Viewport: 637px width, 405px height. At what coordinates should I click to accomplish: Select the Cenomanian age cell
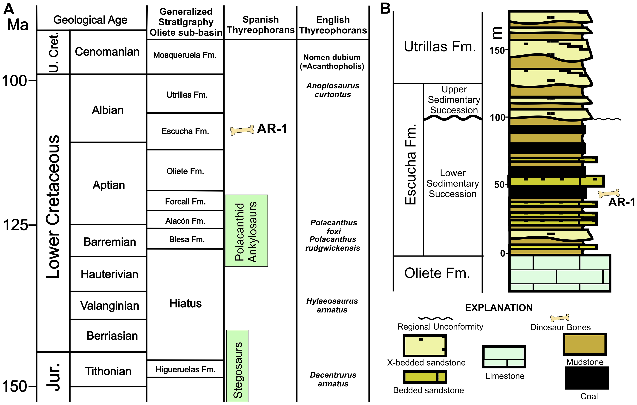click(107, 52)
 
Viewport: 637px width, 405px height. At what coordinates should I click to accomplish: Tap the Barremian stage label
click(110, 242)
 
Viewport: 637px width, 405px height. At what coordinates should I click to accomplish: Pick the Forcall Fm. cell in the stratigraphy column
click(185, 201)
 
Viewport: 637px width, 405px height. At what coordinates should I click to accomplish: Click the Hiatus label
click(185, 303)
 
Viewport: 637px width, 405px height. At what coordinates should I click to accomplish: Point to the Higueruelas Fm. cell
click(185, 369)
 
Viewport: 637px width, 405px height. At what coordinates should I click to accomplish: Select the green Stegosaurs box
click(237, 366)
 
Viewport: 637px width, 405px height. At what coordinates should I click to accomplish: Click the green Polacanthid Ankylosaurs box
click(246, 231)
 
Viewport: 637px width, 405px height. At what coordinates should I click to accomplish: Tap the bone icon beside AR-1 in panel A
click(242, 130)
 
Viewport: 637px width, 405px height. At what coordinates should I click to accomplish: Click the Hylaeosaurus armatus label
click(332, 305)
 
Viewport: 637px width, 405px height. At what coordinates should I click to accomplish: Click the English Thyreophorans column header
click(333, 25)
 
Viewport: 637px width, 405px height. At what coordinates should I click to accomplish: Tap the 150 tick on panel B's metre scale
click(497, 50)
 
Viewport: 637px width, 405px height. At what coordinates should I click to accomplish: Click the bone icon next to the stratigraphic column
click(609, 193)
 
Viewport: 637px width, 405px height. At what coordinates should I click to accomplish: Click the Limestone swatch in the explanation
click(504, 357)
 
